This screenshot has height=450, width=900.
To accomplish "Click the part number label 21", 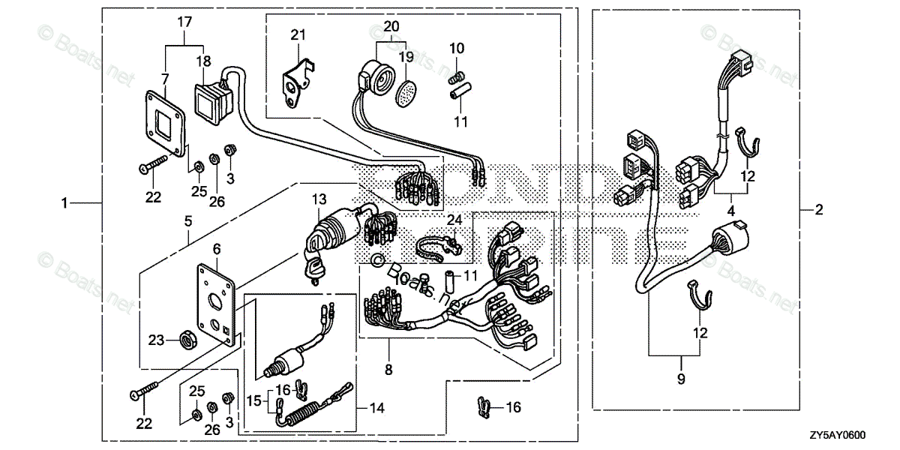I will (298, 34).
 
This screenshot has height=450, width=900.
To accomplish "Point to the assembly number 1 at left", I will (65, 203).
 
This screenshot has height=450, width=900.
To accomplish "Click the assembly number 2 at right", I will (819, 210).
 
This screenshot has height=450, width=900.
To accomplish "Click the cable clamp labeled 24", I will (437, 244).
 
